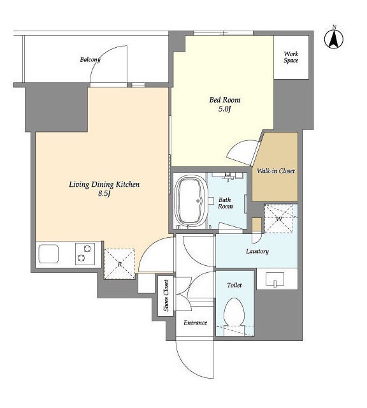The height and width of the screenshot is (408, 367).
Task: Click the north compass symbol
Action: (x=334, y=39)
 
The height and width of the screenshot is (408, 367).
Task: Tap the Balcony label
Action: (x=90, y=59)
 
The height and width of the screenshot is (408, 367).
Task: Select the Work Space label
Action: (x=291, y=57)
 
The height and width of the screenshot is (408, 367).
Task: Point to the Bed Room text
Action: (x=225, y=99)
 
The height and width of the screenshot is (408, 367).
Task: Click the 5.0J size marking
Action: (x=225, y=109)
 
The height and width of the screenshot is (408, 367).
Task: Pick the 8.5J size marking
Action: (x=104, y=193)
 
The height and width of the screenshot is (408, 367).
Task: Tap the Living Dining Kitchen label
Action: (x=104, y=184)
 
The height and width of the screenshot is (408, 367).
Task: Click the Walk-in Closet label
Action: (x=276, y=171)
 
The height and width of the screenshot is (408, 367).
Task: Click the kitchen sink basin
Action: (x=48, y=254)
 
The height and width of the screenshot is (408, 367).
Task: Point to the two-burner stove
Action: (x=85, y=254)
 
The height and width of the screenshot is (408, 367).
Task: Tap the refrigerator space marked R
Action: (x=120, y=264)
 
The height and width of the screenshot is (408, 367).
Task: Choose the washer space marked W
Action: (x=279, y=219)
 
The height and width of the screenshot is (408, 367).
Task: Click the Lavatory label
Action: (x=257, y=251)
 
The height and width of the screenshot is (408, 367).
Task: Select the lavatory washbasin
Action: (x=275, y=279)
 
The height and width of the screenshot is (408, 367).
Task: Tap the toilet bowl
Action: (x=234, y=312)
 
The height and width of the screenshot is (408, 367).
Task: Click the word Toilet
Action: (x=234, y=285)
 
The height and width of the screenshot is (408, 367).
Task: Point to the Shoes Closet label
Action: (x=166, y=296)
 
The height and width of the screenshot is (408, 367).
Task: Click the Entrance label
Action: (x=196, y=323)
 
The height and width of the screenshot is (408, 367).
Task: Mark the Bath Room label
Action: (x=226, y=203)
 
